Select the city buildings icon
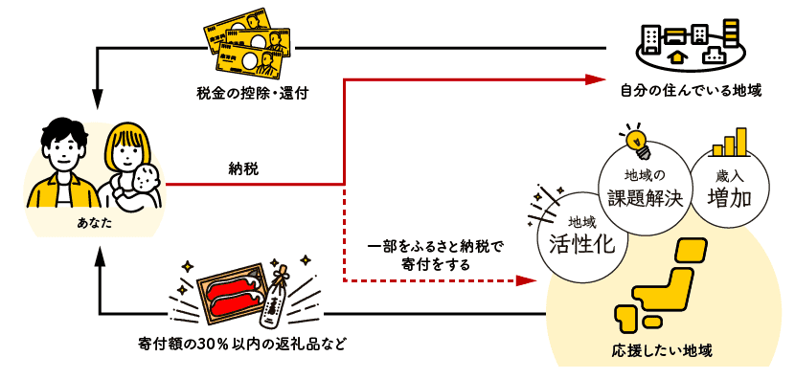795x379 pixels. [x=690, y=44]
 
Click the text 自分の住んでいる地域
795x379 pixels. [x=690, y=91]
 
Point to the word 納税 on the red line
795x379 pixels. [x=243, y=168]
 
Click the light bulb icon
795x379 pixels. [x=637, y=142]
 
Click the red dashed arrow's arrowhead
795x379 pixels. [x=525, y=280]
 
